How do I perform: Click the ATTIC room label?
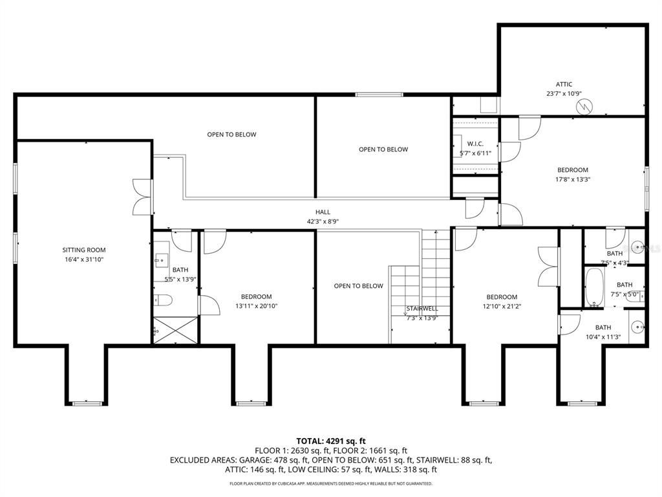[564, 84]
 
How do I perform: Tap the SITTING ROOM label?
[84, 250]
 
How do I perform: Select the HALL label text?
[323, 212]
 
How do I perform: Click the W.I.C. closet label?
[475, 144]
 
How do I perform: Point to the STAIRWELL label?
[422, 309]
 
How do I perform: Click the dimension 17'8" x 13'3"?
[573, 179]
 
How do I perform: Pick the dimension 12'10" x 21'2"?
[502, 306]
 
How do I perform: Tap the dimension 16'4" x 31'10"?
[84, 260]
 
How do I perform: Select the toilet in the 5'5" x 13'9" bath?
[164, 300]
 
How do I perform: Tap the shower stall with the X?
[175, 330]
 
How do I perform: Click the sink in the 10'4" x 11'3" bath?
[636, 327]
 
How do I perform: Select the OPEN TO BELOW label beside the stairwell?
[358, 286]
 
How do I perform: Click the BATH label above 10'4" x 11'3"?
[603, 327]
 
